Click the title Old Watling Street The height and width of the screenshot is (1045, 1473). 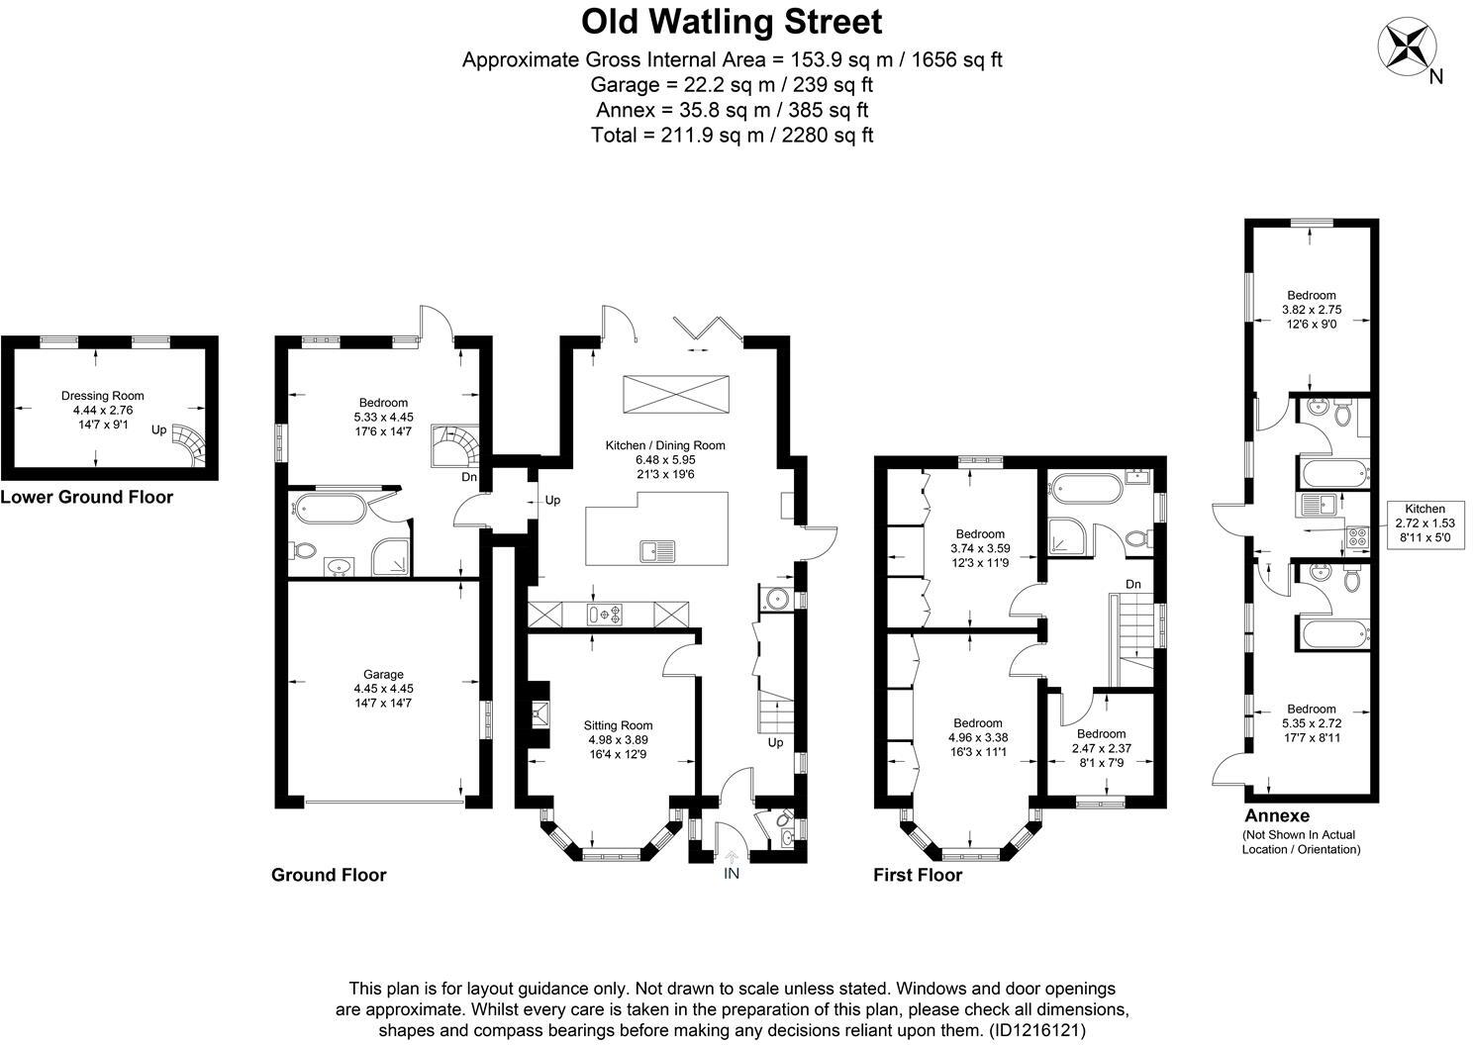click(732, 21)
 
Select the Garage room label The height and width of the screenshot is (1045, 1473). click(383, 682)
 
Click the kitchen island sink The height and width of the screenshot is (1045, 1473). click(656, 549)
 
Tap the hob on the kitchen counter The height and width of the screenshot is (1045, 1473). click(605, 615)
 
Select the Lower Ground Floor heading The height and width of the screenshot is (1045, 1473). click(86, 498)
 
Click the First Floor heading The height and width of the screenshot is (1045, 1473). click(917, 875)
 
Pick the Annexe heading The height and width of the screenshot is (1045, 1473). click(1276, 816)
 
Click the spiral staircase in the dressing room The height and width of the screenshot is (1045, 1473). click(188, 444)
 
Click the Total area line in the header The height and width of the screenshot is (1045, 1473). click(732, 136)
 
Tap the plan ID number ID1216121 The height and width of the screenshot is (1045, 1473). click(1036, 1030)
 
